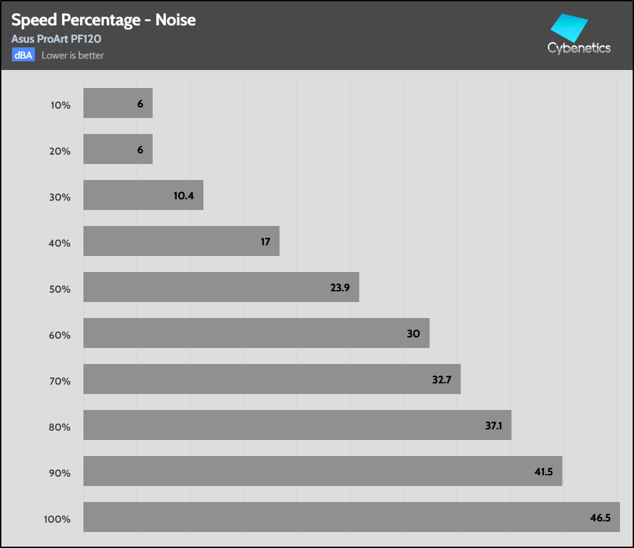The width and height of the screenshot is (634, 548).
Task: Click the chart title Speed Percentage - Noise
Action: click(103, 20)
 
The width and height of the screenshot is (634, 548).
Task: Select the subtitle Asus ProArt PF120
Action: click(56, 39)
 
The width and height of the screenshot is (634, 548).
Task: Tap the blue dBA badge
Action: click(23, 55)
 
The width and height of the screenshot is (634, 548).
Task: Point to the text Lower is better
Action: click(73, 55)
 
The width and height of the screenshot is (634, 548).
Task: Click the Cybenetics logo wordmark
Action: click(579, 48)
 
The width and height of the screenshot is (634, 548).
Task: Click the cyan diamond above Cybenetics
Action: click(569, 27)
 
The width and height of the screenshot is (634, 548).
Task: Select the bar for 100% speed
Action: click(351, 517)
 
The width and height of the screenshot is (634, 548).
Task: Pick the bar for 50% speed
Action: click(221, 287)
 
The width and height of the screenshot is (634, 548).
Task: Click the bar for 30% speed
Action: click(143, 195)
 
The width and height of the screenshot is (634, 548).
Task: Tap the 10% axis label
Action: click(61, 105)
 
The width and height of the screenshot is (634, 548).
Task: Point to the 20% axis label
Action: click(60, 151)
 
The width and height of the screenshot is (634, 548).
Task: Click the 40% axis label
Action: click(60, 243)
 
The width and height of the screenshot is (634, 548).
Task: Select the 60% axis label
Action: click(60, 335)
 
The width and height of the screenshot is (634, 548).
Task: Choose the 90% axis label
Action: click(60, 473)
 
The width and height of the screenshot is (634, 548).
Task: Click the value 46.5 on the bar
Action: click(601, 518)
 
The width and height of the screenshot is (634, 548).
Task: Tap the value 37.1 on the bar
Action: click(494, 425)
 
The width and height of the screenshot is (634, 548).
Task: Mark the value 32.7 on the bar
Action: click(441, 379)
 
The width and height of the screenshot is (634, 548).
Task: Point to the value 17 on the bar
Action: click(265, 241)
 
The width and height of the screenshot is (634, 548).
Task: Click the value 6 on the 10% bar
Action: click(140, 103)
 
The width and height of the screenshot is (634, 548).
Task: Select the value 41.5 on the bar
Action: click(543, 471)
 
